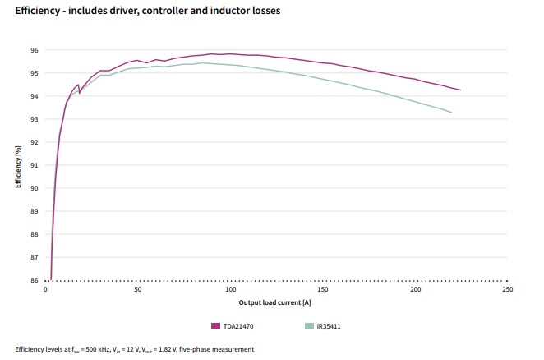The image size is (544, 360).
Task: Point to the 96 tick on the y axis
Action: [x=35, y=50]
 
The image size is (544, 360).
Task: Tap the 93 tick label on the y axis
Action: [x=35, y=119]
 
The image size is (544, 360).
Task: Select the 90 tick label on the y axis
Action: [x=35, y=188]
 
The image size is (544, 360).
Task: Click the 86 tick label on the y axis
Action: [x=35, y=280]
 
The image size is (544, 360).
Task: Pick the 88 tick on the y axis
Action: [x=35, y=234]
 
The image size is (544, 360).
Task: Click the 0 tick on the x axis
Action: [x=46, y=290]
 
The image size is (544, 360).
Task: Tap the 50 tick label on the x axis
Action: [x=138, y=290]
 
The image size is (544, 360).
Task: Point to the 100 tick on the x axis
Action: [x=231, y=290]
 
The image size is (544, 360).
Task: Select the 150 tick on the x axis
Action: [x=323, y=290]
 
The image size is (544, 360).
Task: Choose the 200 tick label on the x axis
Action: [x=415, y=290]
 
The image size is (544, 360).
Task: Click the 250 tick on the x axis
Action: [x=507, y=290]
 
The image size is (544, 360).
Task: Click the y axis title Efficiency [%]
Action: [x=17, y=167]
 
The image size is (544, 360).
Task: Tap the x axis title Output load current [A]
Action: [x=277, y=302]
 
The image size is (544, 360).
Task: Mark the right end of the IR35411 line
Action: [x=451, y=112]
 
